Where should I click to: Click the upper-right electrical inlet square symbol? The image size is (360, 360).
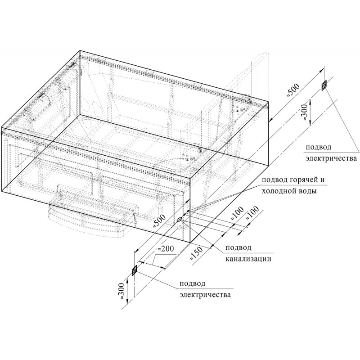pyautogui.click(x=324, y=85)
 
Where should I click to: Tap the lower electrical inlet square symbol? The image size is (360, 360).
pyautogui.click(x=134, y=270)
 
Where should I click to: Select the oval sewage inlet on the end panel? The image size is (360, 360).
pyautogui.click(x=179, y=219)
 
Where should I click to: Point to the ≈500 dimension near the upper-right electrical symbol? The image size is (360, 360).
pyautogui.click(x=293, y=91)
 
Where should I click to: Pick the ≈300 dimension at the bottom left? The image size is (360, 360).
pyautogui.click(x=121, y=291)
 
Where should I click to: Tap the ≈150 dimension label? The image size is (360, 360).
pyautogui.click(x=196, y=253)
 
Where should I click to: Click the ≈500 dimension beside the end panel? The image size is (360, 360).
pyautogui.click(x=159, y=221)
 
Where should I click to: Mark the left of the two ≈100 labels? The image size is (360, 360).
pyautogui.click(x=237, y=213)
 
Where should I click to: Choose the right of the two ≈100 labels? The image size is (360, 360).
pyautogui.click(x=252, y=213)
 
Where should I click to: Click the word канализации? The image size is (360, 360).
pyautogui.click(x=248, y=259)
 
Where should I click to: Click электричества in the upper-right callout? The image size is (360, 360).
pyautogui.click(x=331, y=158)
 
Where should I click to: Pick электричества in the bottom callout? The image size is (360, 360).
pyautogui.click(x=205, y=295)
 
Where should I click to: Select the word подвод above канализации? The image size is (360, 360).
pyautogui.click(x=238, y=248)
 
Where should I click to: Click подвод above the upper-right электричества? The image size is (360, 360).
pyautogui.click(x=319, y=147)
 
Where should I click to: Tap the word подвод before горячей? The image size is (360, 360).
pyautogui.click(x=273, y=180)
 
